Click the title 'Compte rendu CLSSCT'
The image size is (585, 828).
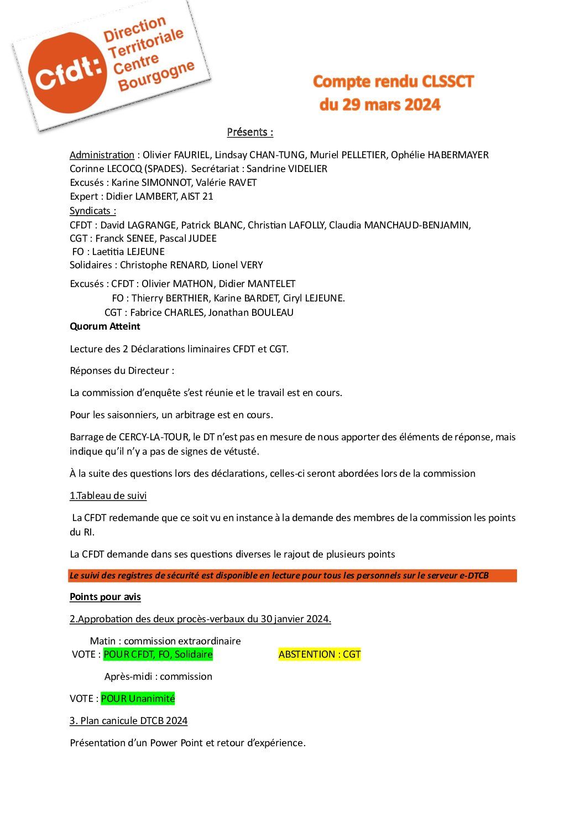(393, 82)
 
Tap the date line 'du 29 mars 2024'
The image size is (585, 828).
(380, 105)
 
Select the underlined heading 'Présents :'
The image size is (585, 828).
(250, 132)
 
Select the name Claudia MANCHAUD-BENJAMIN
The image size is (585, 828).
(399, 225)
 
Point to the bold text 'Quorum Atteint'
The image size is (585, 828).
(105, 326)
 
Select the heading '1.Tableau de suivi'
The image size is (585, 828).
(108, 496)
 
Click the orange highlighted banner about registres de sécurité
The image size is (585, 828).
(292, 575)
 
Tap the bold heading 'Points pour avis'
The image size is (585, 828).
(105, 597)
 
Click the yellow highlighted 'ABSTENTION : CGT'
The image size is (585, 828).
(320, 654)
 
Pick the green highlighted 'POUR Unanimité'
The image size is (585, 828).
(138, 699)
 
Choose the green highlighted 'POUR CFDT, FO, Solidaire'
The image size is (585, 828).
(158, 654)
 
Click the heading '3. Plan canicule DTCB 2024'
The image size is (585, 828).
(129, 721)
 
